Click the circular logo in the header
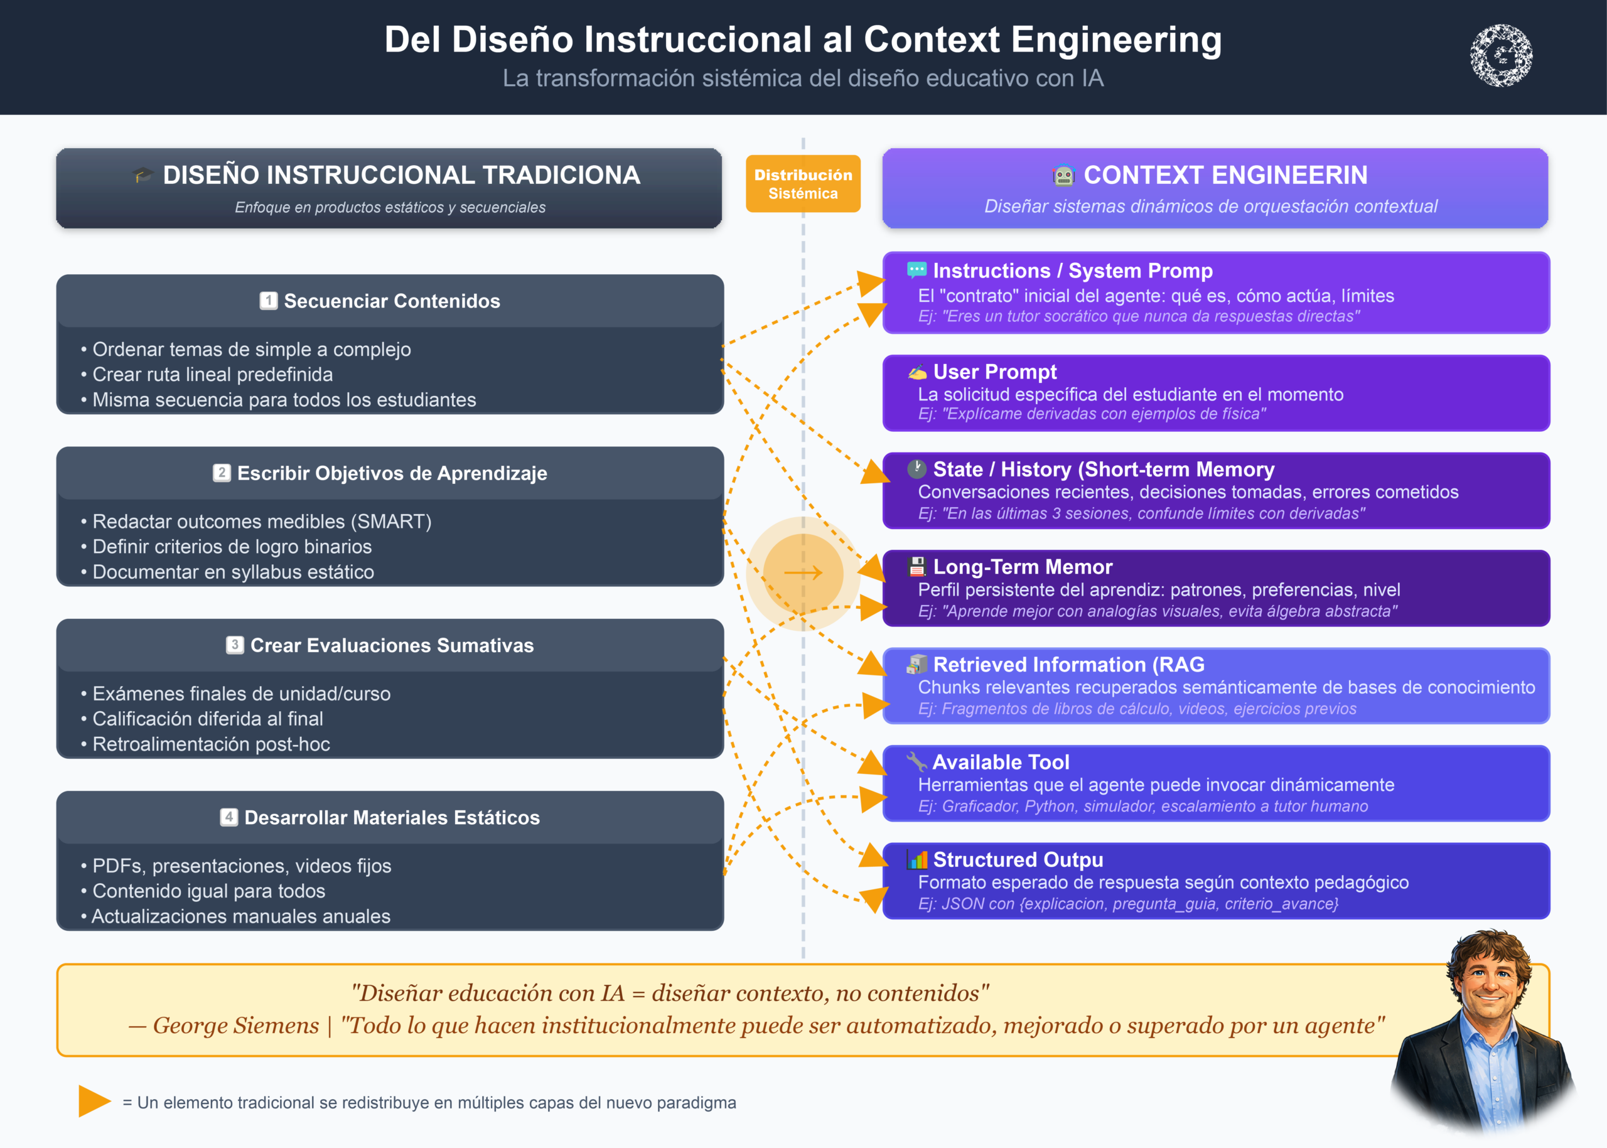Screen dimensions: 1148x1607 pyautogui.click(x=1501, y=55)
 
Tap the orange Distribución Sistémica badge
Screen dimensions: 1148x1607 pyautogui.click(x=803, y=184)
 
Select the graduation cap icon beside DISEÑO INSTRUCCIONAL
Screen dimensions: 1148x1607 pyautogui.click(x=143, y=174)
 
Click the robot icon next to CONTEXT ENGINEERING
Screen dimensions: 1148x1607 pyautogui.click(x=1063, y=174)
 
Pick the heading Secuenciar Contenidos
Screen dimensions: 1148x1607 pyautogui.click(x=392, y=301)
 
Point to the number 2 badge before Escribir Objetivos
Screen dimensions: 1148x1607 pyautogui.click(x=222, y=473)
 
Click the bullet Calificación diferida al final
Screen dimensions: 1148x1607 pyautogui.click(x=208, y=719)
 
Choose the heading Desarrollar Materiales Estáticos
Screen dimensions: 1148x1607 pyautogui.click(x=392, y=818)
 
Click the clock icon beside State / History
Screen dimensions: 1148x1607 pyautogui.click(x=917, y=469)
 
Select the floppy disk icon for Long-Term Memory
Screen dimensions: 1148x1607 pyautogui.click(x=917, y=566)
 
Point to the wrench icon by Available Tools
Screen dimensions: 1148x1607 pyautogui.click(x=916, y=761)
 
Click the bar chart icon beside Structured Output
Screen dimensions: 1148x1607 pyautogui.click(x=917, y=859)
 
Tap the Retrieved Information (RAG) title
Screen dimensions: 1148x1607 pyautogui.click(x=1068, y=665)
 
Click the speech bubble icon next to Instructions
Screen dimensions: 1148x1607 pyautogui.click(x=917, y=269)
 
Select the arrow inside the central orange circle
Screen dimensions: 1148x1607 pyautogui.click(x=803, y=572)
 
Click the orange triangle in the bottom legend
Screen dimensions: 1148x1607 pyautogui.click(x=94, y=1102)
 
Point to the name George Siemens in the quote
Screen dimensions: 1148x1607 pyautogui.click(x=235, y=1026)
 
